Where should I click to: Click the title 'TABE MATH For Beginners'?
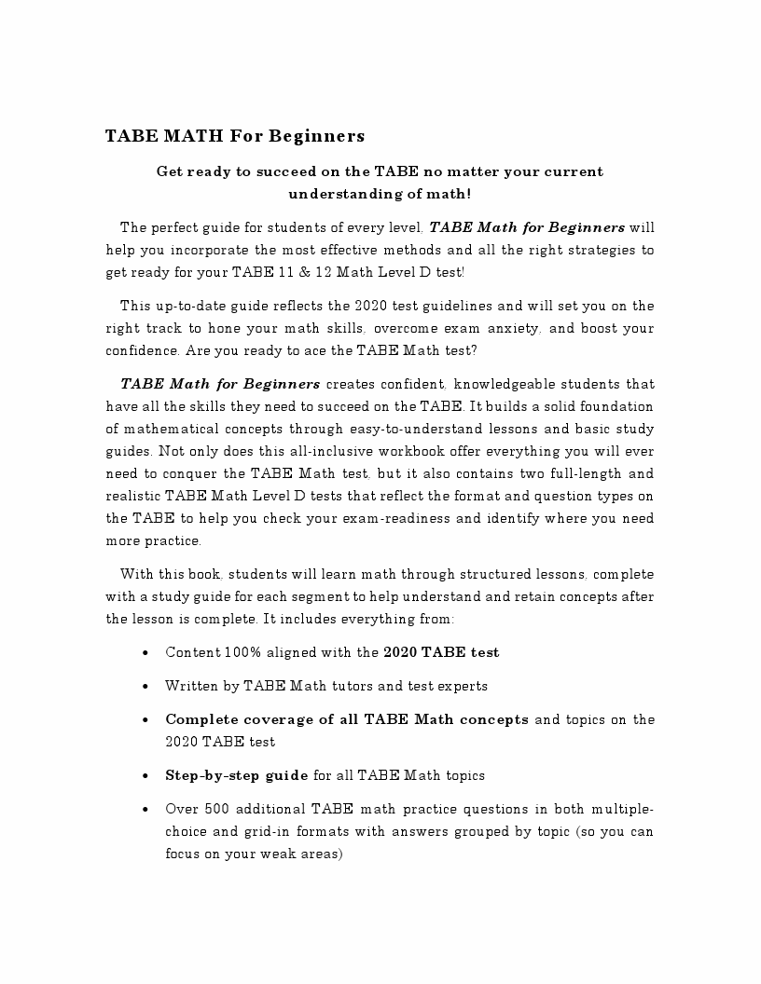(234, 136)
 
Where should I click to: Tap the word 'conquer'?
(189, 473)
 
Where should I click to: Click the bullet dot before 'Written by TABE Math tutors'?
(145, 687)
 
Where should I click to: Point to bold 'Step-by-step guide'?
(237, 775)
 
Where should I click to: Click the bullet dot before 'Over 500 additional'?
(145, 810)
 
